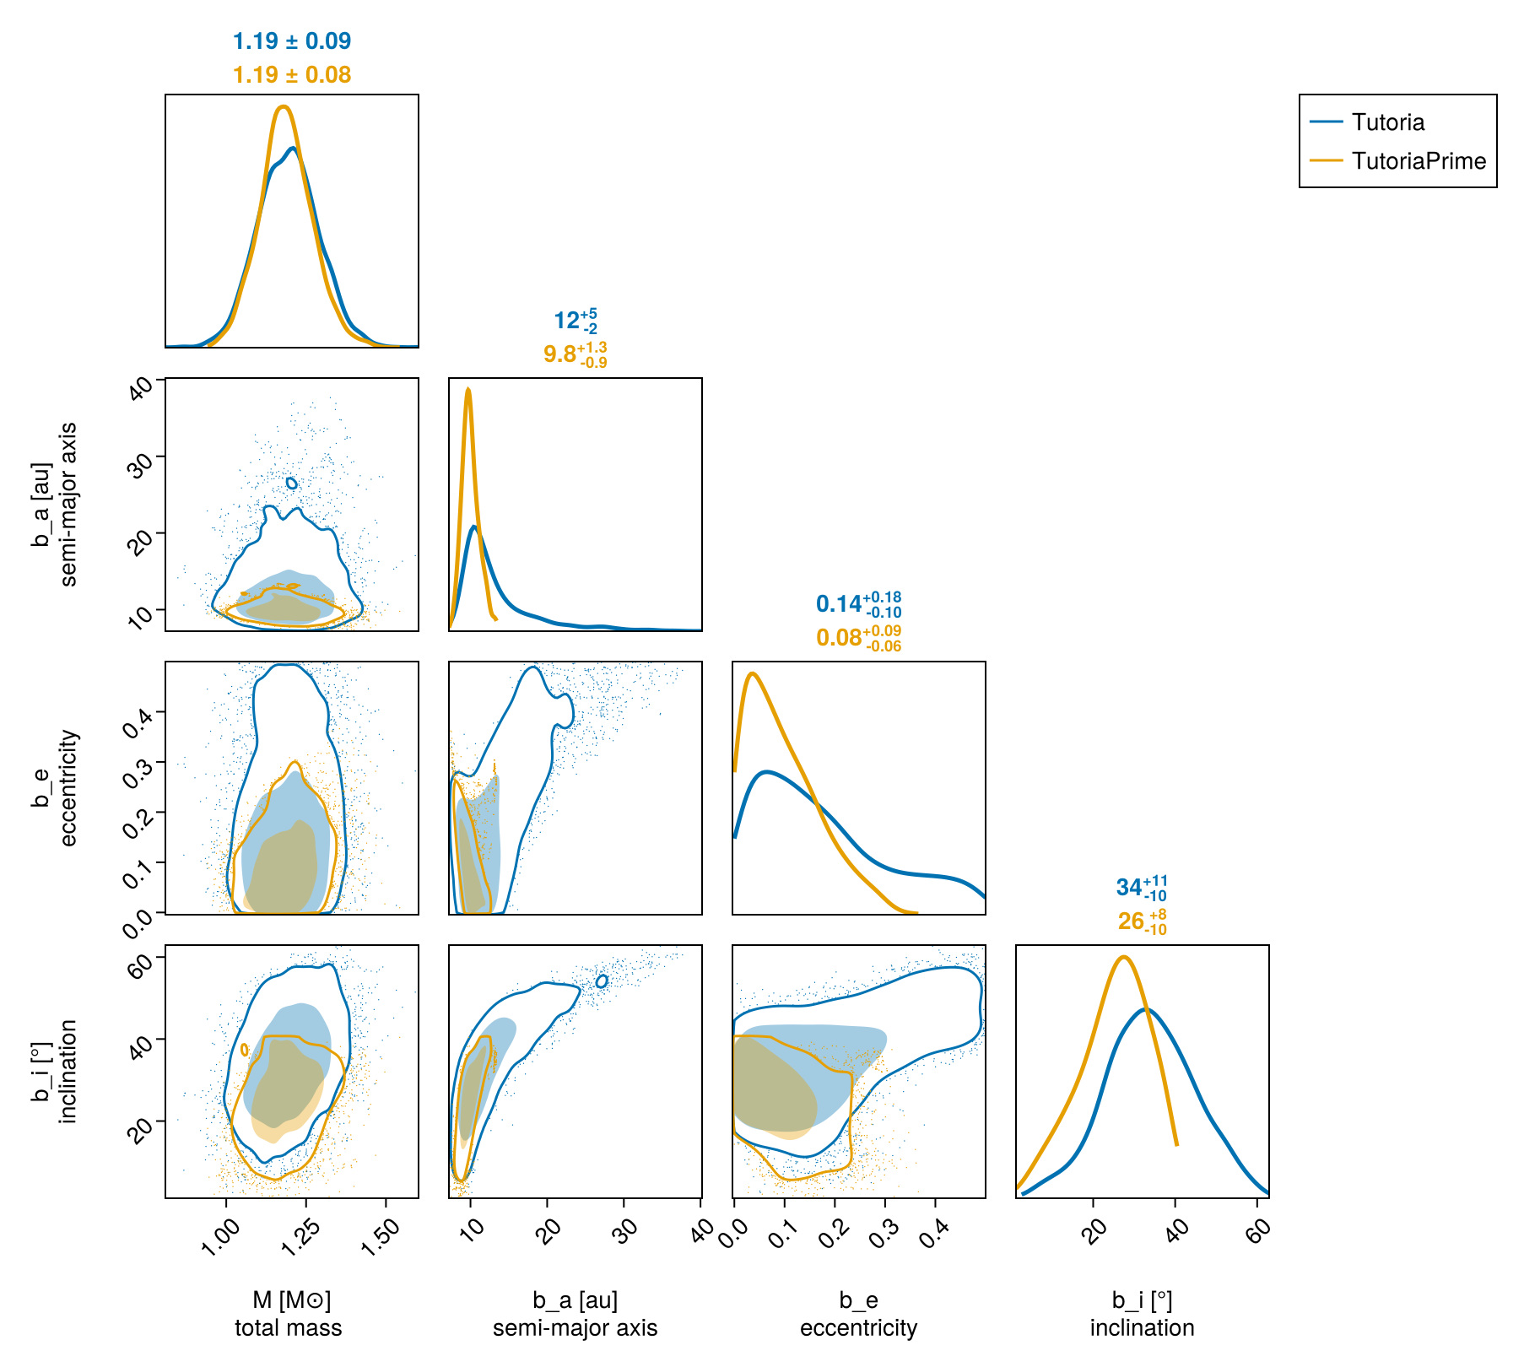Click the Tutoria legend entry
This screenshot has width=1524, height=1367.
tap(1387, 122)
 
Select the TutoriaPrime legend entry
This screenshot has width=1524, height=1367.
tap(1418, 161)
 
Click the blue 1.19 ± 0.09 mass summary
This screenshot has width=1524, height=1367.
tap(291, 41)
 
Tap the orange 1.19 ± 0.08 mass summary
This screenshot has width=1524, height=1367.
tap(291, 75)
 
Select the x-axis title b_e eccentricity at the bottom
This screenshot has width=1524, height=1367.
tap(858, 1314)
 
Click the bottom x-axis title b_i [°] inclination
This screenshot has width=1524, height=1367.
tap(1142, 1314)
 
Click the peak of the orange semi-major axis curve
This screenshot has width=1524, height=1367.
tap(467, 389)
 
